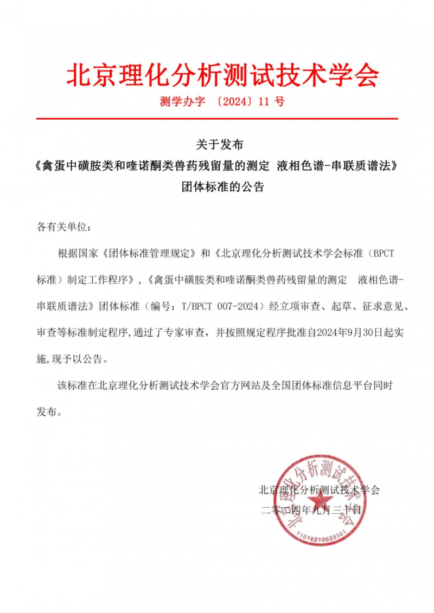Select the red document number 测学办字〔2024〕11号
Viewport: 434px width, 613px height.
coord(222,101)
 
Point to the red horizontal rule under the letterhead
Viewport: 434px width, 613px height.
coord(217,118)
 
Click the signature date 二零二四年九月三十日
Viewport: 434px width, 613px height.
coord(311,510)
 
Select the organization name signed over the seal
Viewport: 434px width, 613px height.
coord(319,490)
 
